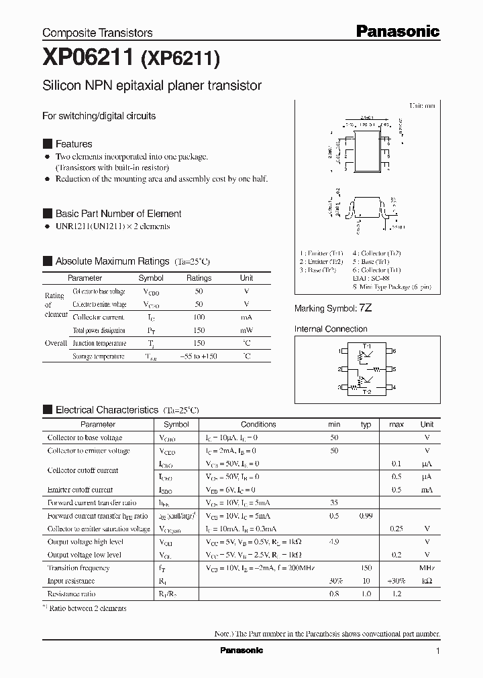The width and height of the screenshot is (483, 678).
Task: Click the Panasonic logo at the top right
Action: [397, 31]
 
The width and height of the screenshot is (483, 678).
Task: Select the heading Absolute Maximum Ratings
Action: [112, 261]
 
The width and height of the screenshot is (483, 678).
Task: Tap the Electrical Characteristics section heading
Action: [107, 409]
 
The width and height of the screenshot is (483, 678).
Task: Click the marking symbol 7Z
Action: [366, 308]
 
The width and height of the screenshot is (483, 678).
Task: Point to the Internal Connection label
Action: [331, 329]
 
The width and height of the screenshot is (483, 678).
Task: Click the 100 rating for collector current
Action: [199, 317]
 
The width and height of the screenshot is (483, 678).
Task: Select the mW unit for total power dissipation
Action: [247, 330]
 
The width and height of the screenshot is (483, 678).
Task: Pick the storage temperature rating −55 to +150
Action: [199, 356]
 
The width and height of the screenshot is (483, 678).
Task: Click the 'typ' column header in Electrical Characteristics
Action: [366, 424]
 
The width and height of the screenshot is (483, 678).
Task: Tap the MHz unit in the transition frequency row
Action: [427, 567]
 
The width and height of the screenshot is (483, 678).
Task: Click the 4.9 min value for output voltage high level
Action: [333, 542]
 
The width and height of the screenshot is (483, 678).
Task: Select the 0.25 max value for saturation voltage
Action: [396, 529]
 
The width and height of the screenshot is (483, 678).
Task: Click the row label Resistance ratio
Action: [71, 594]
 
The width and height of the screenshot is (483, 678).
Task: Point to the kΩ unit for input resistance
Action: [427, 581]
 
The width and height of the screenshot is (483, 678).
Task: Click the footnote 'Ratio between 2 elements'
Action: [89, 608]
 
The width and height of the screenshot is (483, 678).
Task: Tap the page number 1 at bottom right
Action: [437, 651]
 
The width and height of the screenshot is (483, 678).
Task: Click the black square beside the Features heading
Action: [47, 144]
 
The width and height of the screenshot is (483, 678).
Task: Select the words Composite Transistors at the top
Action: [97, 33]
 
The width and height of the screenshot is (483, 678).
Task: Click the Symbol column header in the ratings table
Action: [151, 277]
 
